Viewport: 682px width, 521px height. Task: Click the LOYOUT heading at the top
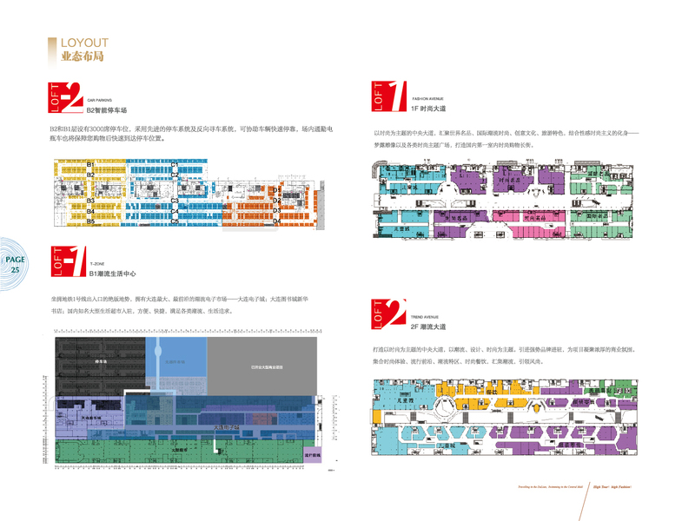point(83,43)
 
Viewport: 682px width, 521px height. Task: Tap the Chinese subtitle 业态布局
point(83,58)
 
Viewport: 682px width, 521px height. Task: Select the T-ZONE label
point(96,260)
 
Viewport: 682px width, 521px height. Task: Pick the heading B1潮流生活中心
point(113,274)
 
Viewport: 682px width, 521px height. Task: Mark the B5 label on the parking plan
point(89,222)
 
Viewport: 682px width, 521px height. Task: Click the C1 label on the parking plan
point(174,164)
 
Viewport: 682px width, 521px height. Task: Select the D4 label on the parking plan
point(276,221)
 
